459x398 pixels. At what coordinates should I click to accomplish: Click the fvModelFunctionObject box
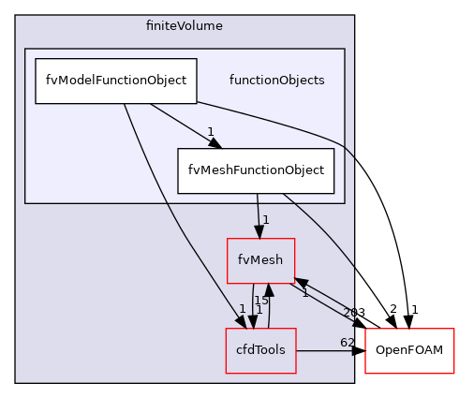(115, 81)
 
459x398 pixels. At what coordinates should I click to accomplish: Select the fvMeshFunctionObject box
(256, 170)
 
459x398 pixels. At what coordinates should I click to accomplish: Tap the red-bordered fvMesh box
(261, 261)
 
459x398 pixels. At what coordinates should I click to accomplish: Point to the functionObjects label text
(276, 81)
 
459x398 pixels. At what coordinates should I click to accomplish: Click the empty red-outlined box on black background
(409, 351)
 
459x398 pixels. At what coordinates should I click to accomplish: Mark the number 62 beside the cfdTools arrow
(346, 342)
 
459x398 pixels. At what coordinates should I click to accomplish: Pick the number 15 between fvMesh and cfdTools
(261, 301)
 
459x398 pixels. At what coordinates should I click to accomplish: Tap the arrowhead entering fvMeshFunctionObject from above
(214, 142)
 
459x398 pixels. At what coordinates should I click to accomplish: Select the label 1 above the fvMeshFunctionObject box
(211, 132)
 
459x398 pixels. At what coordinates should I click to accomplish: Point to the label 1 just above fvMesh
(266, 220)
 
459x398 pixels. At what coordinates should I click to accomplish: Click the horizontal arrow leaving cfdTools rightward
(323, 351)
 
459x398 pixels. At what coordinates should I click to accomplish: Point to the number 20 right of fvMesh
(348, 313)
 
